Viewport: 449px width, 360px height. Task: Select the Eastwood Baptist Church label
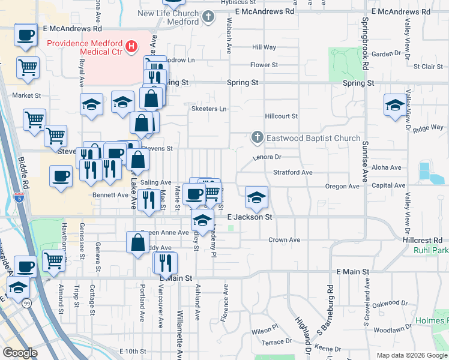click(x=313, y=139)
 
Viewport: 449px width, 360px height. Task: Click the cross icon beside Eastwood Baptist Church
click(x=257, y=138)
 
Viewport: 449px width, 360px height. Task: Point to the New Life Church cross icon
click(x=208, y=17)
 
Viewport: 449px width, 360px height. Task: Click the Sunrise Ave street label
click(x=365, y=162)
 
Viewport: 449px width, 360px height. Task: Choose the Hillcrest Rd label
click(x=426, y=239)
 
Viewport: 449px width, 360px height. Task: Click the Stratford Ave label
click(x=293, y=172)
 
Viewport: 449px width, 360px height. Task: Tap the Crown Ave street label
click(x=284, y=240)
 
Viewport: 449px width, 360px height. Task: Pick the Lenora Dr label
click(x=267, y=157)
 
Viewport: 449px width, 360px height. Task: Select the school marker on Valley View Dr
click(x=396, y=104)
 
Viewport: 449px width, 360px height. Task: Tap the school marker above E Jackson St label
click(x=256, y=197)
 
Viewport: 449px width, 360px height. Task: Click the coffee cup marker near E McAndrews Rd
click(x=25, y=34)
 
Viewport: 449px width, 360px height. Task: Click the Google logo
click(x=20, y=352)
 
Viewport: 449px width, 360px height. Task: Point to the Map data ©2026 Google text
click(x=411, y=355)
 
